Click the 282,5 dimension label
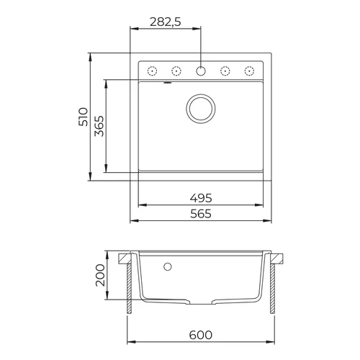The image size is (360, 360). (164, 22)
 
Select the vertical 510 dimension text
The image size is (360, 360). (84, 117)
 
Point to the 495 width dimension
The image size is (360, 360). (201, 197)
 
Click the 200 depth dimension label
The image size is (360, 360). (100, 275)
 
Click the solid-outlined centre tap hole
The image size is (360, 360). (201, 71)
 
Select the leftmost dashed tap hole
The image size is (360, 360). (152, 71)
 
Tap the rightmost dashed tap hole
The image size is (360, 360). (250, 71)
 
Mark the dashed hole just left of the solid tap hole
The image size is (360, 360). (176, 71)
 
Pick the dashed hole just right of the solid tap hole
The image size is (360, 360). (225, 71)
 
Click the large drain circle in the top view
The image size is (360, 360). (201, 107)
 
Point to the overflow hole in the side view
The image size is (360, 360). (168, 268)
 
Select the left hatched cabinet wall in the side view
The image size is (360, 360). (130, 288)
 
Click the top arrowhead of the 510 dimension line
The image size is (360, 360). (90, 55)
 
